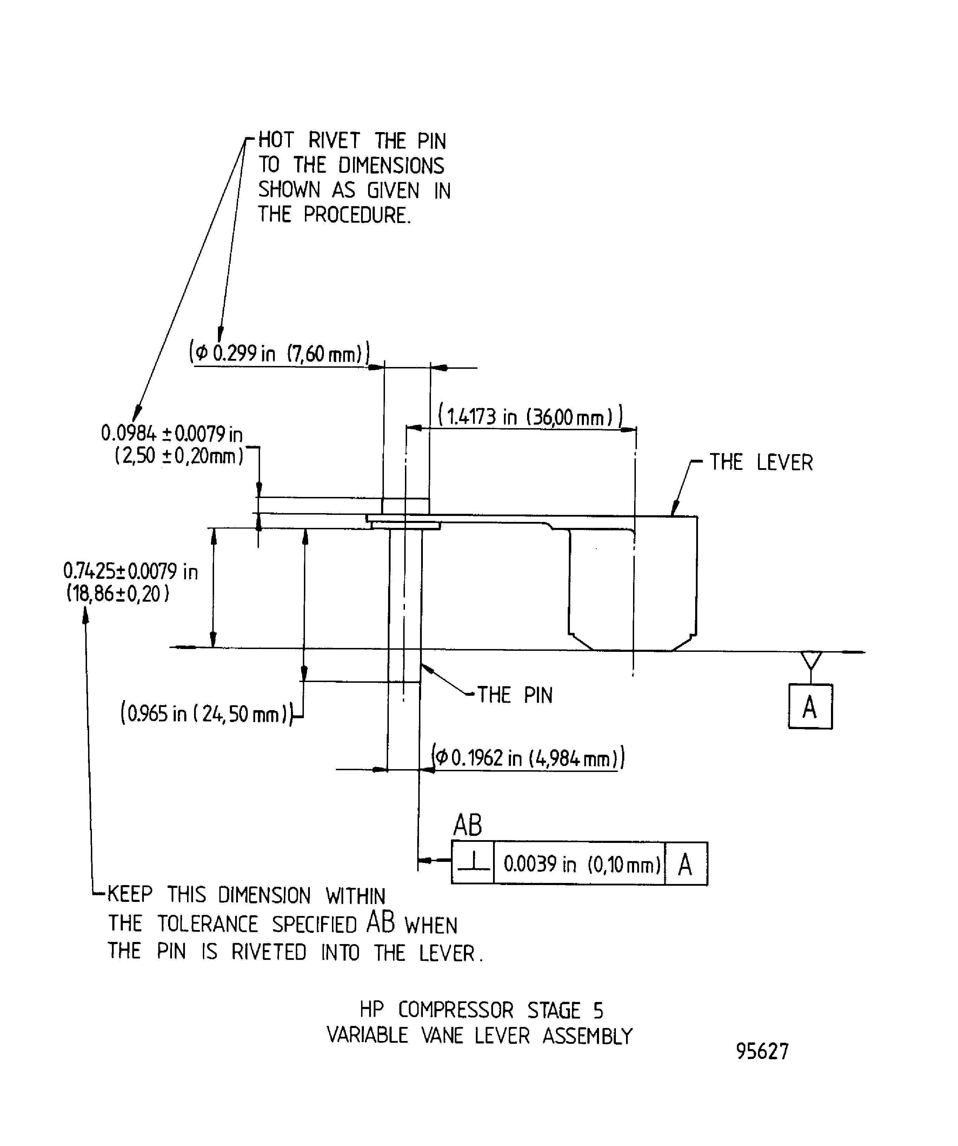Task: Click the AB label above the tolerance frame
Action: [467, 825]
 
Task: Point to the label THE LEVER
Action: [761, 463]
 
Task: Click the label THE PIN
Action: [515, 695]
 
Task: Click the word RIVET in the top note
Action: [334, 141]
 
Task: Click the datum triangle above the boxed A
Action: [811, 659]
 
